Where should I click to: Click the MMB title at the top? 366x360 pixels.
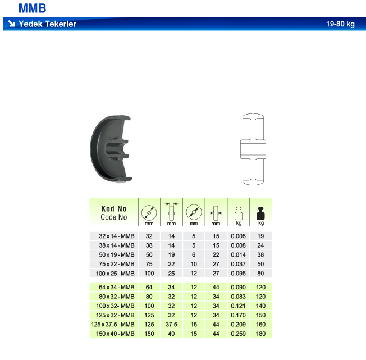coord(32,8)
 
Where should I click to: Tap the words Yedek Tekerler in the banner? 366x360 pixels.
coord(47,24)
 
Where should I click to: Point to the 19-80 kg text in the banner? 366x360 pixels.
coord(340,24)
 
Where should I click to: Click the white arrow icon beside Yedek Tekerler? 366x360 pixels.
coord(11,24)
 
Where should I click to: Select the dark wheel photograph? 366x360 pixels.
coord(111,149)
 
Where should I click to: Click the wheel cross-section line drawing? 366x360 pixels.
coord(253,149)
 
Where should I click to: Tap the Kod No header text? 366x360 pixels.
coord(114,208)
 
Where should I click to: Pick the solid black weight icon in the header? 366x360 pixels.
coord(260,213)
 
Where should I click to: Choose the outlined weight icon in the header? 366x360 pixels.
coord(239,213)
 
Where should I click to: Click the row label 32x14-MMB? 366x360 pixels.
coord(116,236)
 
